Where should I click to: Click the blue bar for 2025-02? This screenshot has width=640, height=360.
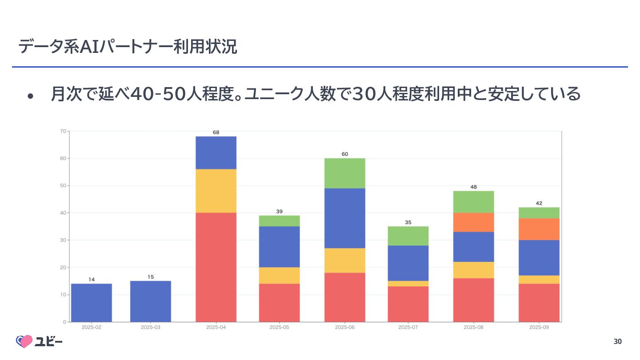[x=91, y=303]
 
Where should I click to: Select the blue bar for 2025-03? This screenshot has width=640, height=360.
[x=150, y=301]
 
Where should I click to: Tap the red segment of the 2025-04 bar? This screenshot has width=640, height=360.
[x=216, y=267]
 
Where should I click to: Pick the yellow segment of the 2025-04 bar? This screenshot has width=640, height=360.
[x=216, y=191]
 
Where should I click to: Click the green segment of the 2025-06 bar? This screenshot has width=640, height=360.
[x=344, y=173]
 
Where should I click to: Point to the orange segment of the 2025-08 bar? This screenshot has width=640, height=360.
[x=473, y=222]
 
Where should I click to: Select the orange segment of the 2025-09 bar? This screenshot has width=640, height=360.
[x=539, y=229]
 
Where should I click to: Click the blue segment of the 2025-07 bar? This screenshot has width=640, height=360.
[x=408, y=263]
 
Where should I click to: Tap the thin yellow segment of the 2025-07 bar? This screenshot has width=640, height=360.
[x=408, y=284]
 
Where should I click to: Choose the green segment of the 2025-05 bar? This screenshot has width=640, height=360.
[x=279, y=221]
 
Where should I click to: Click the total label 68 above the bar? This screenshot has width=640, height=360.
[x=216, y=132]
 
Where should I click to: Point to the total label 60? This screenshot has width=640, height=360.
[x=345, y=154]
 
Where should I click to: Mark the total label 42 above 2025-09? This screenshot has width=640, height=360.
[x=539, y=203]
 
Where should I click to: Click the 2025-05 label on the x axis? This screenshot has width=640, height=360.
[x=279, y=328]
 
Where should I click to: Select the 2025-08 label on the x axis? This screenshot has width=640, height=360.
[x=473, y=328]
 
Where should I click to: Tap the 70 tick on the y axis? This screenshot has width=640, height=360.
[x=63, y=131]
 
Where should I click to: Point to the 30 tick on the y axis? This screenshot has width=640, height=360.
[x=63, y=240]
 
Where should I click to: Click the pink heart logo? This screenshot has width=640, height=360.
[x=25, y=341]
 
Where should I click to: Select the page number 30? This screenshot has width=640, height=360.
[x=617, y=341]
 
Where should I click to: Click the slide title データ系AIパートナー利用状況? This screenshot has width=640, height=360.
[x=128, y=47]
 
